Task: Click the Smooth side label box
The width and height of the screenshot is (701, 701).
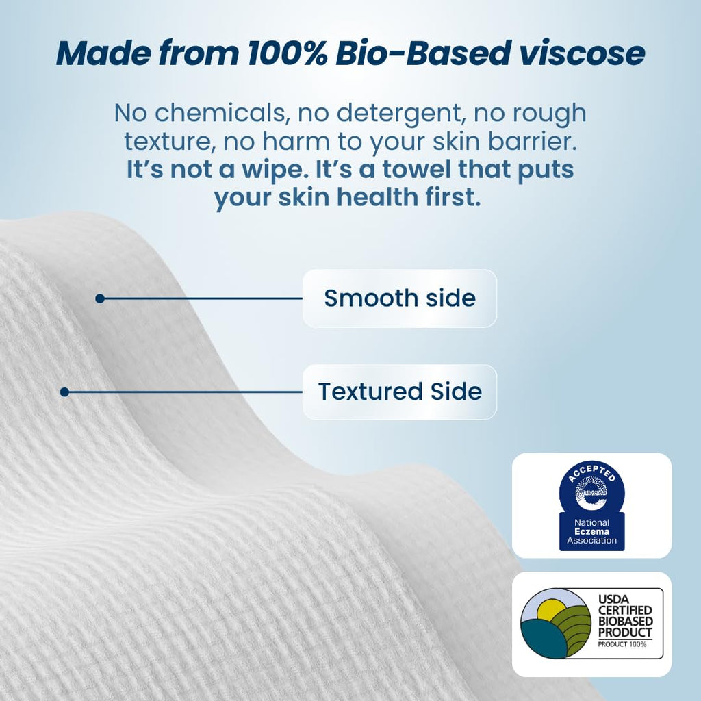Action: pos(399,298)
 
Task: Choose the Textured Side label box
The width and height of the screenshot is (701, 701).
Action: pos(399,392)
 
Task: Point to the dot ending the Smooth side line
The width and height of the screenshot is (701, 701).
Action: pos(100,298)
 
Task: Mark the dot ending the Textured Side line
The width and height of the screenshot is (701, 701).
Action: pos(64,392)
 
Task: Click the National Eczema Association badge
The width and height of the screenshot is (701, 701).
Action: pos(591,505)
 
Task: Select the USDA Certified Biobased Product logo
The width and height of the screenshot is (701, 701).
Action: pos(591,623)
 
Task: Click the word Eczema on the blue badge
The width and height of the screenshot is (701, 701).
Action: pos(591,532)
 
